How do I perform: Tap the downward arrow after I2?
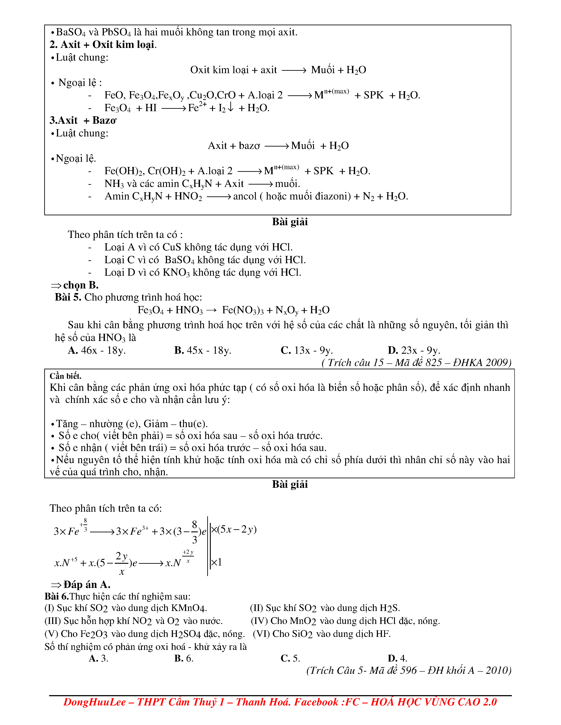(x=231, y=107)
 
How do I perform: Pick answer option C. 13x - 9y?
(x=306, y=350)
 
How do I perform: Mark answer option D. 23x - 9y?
(x=414, y=350)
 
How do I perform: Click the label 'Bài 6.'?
(x=57, y=596)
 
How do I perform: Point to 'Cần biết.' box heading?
(x=66, y=376)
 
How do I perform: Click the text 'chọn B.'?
(x=81, y=285)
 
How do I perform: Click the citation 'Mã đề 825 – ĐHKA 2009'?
(x=452, y=362)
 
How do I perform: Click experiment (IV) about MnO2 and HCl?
(x=345, y=621)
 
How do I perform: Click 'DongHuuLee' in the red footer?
(x=95, y=702)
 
